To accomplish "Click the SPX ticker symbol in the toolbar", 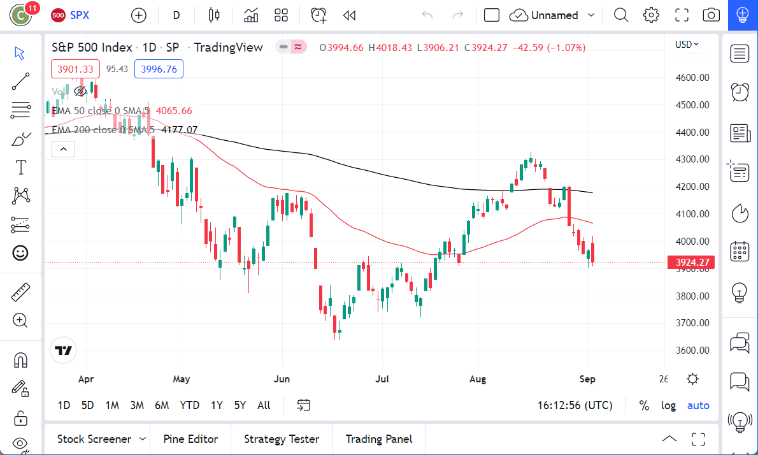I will (79, 15).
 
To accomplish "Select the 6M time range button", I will (162, 405).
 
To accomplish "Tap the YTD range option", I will (189, 405).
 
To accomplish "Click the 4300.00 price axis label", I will (692, 159).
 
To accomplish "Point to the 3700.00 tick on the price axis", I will (692, 323).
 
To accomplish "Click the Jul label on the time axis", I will (382, 379).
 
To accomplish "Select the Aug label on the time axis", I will (477, 379).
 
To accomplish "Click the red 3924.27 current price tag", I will (690, 262).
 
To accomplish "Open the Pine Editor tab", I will (190, 439).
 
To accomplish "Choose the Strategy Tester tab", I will (282, 439).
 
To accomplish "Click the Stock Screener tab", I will (94, 439).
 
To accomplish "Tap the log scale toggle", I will (668, 405).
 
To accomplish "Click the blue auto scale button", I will (698, 405).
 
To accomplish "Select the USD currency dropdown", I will (687, 44).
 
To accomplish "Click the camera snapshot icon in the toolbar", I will (711, 15).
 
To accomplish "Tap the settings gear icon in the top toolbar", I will (650, 15).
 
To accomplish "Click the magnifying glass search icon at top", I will (620, 15).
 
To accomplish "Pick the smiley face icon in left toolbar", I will (21, 253).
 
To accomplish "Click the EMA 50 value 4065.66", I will (174, 111).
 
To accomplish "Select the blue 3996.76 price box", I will (159, 69).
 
